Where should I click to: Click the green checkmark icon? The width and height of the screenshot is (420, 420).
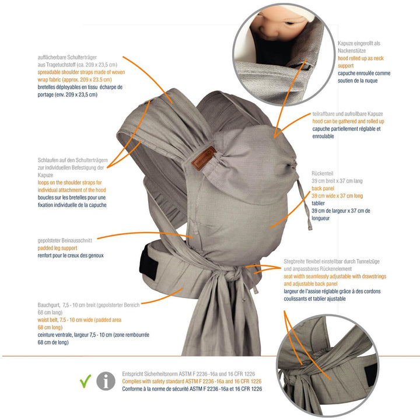pyautogui.click(x=85, y=381)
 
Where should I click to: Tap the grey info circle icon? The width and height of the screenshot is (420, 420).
pyautogui.click(x=106, y=381)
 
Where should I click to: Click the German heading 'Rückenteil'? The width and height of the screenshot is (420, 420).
pyautogui.click(x=323, y=173)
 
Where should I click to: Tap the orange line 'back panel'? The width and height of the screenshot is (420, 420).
pyautogui.click(x=325, y=188)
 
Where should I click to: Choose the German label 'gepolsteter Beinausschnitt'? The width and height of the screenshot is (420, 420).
pyautogui.click(x=66, y=239)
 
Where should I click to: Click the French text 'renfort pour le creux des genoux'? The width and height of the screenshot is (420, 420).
pyautogui.click(x=71, y=256)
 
